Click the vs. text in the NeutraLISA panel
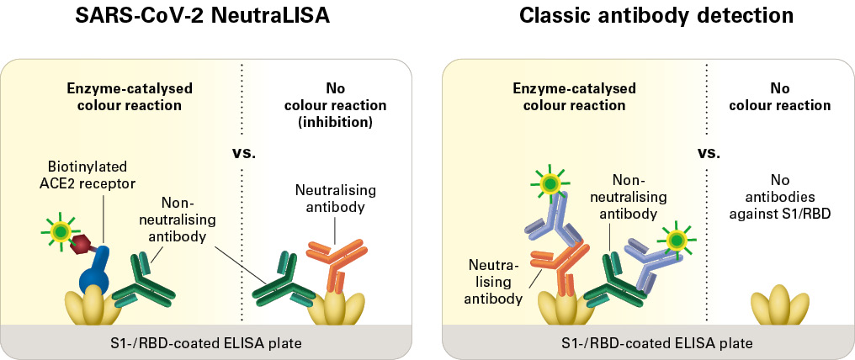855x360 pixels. point(243,154)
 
